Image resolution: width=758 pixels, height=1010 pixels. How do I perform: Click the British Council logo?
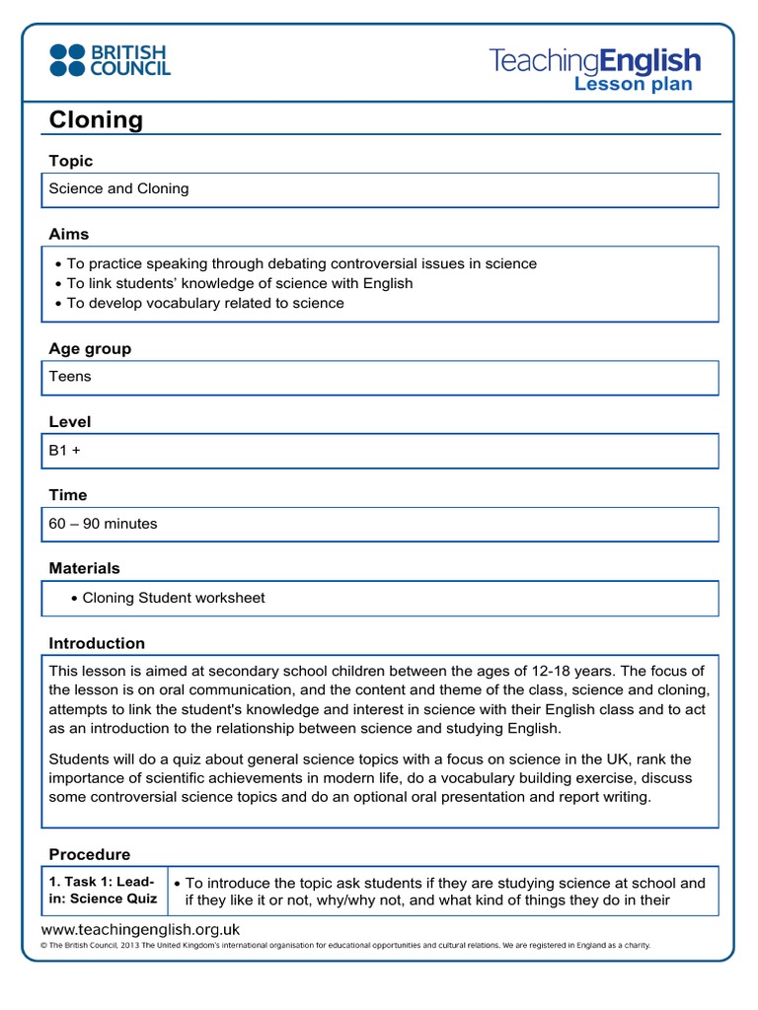pyautogui.click(x=110, y=59)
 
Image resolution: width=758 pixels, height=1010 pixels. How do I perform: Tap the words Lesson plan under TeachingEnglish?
pyautogui.click(x=633, y=85)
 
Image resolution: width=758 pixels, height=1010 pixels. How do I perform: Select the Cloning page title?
pyautogui.click(x=96, y=120)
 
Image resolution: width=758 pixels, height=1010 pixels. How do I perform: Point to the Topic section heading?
pyautogui.click(x=71, y=161)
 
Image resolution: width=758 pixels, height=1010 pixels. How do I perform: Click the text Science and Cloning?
pyautogui.click(x=119, y=188)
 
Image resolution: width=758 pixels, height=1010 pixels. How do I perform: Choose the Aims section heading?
pyautogui.click(x=69, y=234)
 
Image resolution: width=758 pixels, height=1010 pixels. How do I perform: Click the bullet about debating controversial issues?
pyautogui.click(x=301, y=263)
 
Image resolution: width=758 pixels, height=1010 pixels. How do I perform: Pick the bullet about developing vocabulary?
pyautogui.click(x=204, y=303)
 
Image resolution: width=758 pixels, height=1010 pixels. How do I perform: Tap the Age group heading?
pyautogui.click(x=90, y=348)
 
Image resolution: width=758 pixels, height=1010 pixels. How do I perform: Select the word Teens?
pyautogui.click(x=70, y=376)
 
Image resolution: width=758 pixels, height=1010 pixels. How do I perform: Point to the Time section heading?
pyautogui.click(x=68, y=494)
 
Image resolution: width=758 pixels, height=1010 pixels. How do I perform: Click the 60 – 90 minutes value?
pyautogui.click(x=103, y=524)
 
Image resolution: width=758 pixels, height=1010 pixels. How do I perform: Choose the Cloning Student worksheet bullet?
pyautogui.click(x=173, y=598)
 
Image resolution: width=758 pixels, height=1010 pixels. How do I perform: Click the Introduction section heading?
pyautogui.click(x=97, y=643)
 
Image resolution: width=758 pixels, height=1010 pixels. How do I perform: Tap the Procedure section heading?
pyautogui.click(x=90, y=854)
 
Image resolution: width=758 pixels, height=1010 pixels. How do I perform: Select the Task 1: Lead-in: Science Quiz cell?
pyautogui.click(x=104, y=891)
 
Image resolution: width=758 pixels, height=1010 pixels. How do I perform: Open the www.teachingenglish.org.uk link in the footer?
pyautogui.click(x=140, y=929)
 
